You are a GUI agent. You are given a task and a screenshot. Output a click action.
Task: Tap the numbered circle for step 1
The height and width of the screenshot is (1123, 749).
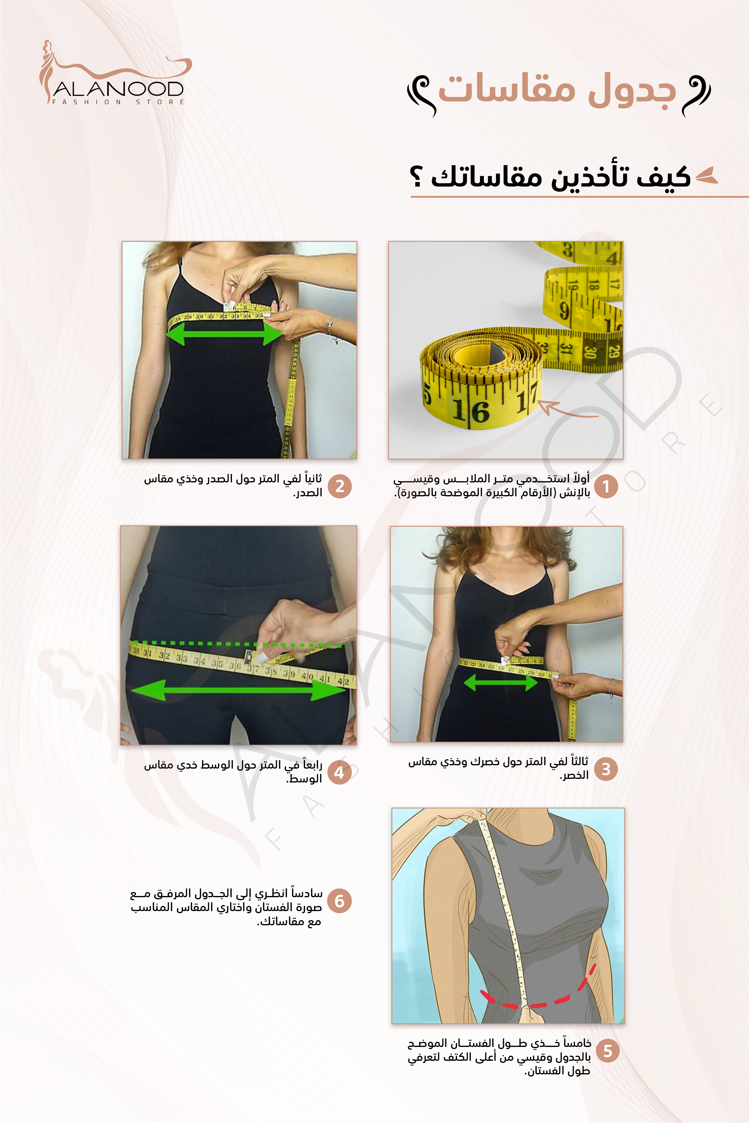click(x=606, y=487)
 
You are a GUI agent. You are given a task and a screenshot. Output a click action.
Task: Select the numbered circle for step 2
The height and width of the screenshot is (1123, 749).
click(x=340, y=487)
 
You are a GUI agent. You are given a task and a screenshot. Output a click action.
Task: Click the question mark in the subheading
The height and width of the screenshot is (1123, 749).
click(x=416, y=177)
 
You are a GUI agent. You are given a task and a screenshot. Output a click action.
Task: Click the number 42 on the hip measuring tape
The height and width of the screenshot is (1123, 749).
click(x=343, y=680)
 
